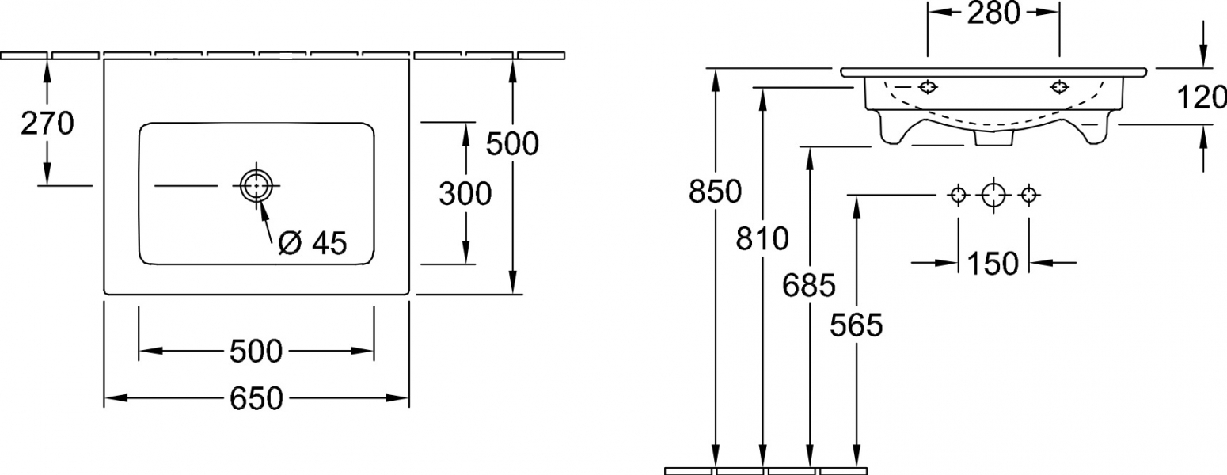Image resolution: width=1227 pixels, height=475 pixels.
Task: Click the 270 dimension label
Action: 47,123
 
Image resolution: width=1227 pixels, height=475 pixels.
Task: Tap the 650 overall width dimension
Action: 256,398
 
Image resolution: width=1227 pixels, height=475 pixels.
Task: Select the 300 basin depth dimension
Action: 465,194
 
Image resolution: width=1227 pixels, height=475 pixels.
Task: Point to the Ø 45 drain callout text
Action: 313,243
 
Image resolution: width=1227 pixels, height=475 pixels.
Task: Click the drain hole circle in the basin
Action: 256,186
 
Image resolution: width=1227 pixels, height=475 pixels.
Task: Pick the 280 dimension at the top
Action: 993,13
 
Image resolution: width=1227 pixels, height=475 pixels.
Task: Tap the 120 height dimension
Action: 1201,98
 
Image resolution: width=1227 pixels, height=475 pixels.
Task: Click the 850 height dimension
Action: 716,192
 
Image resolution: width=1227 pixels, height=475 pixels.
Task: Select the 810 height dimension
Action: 762,238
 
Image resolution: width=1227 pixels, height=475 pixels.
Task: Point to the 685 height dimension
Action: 809,285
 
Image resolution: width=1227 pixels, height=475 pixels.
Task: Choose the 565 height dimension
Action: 857,325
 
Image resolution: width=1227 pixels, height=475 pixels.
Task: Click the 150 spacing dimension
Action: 993,264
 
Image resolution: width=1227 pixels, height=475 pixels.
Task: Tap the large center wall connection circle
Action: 993,195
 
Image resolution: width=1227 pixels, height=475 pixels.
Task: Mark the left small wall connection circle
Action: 958,195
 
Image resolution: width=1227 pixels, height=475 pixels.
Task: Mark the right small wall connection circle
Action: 1029,195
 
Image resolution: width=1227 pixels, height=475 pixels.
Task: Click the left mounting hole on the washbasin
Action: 927,86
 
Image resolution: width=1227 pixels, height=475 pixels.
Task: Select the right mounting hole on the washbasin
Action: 1059,86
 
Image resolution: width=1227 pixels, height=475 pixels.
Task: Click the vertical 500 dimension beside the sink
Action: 513,144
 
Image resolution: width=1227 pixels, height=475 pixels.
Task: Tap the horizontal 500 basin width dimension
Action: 256,351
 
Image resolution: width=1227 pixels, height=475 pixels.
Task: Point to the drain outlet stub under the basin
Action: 993,139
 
